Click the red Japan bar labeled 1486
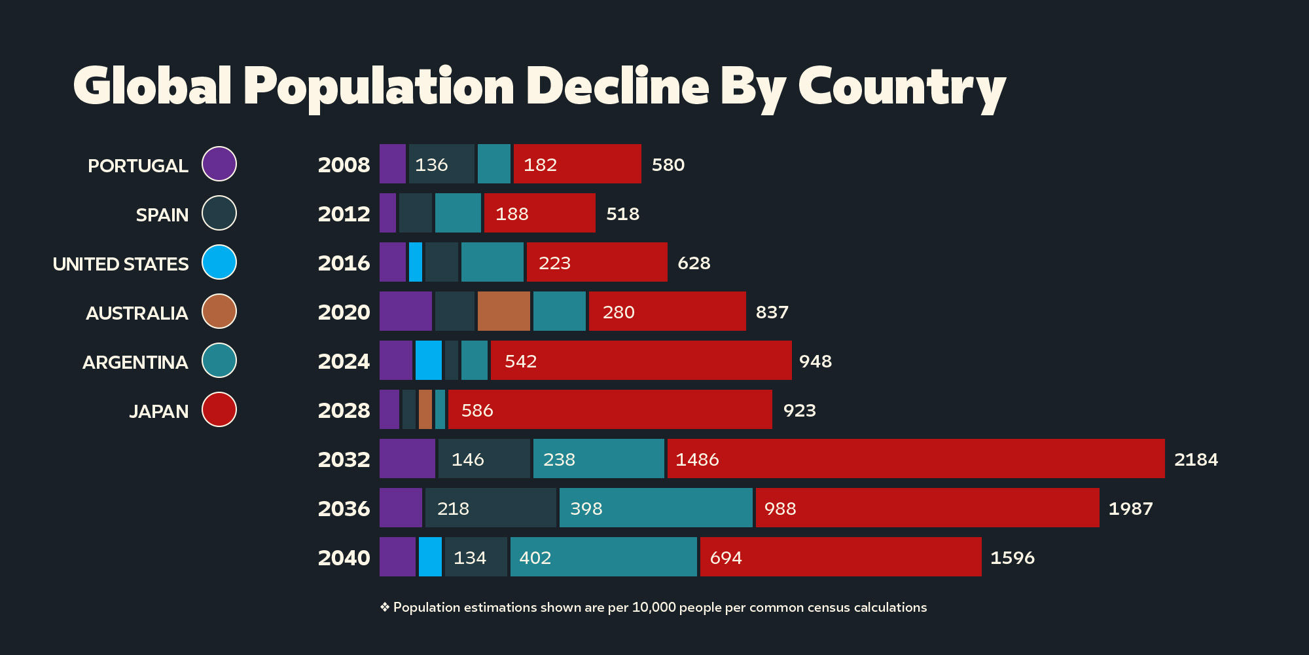click(916, 458)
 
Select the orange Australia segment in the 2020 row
click(504, 311)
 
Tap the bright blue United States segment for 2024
click(429, 360)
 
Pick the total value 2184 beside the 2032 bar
click(1196, 459)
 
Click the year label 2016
click(344, 263)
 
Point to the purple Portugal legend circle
click(219, 164)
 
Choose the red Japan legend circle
click(219, 409)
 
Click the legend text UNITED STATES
click(120, 264)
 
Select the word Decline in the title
click(617, 86)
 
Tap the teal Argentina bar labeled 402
click(603, 557)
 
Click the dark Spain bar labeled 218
click(491, 508)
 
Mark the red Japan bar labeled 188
click(540, 213)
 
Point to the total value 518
click(622, 214)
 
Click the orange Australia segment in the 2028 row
click(425, 409)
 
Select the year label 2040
click(344, 557)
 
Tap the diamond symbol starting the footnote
click(385, 607)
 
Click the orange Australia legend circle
click(219, 311)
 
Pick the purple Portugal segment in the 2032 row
click(407, 458)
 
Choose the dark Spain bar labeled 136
click(442, 164)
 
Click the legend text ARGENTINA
click(135, 362)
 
